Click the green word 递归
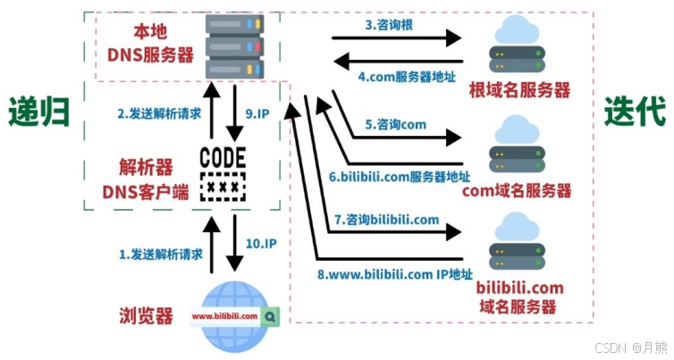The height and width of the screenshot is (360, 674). click(39, 112)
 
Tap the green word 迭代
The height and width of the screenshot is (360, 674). click(635, 112)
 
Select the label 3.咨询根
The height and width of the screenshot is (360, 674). click(389, 24)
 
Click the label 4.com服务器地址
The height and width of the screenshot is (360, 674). click(407, 78)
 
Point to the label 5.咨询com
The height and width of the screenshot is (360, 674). click(395, 124)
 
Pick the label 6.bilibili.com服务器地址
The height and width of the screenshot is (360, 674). click(400, 177)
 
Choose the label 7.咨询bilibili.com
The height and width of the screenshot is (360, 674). click(386, 220)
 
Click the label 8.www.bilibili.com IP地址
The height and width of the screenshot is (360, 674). click(394, 274)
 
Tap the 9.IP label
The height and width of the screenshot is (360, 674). click(257, 113)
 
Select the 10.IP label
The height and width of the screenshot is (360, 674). click(261, 244)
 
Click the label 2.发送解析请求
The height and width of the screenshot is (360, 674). click(159, 113)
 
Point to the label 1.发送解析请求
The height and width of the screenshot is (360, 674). click(160, 255)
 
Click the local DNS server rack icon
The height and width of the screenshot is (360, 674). click(234, 46)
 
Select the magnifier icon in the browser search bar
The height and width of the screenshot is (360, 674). click(270, 317)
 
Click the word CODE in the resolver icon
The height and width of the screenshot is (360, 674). click(223, 157)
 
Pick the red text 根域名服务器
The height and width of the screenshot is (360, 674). click(519, 90)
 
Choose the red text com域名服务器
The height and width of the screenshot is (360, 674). click(517, 191)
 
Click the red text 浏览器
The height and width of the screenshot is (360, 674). click(146, 315)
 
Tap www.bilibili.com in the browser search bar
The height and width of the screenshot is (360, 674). click(224, 316)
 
